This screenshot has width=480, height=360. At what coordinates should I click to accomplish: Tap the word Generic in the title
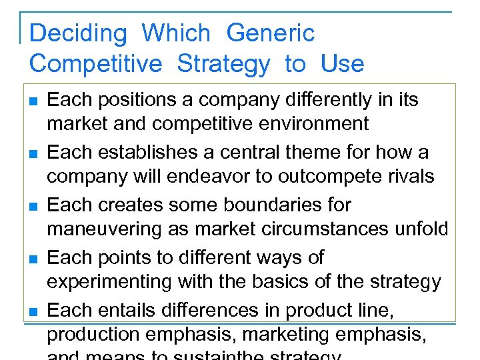pos(270,33)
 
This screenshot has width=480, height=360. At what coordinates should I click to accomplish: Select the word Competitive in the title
pos(96,64)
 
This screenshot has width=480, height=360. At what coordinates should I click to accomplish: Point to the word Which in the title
pos(176,33)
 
